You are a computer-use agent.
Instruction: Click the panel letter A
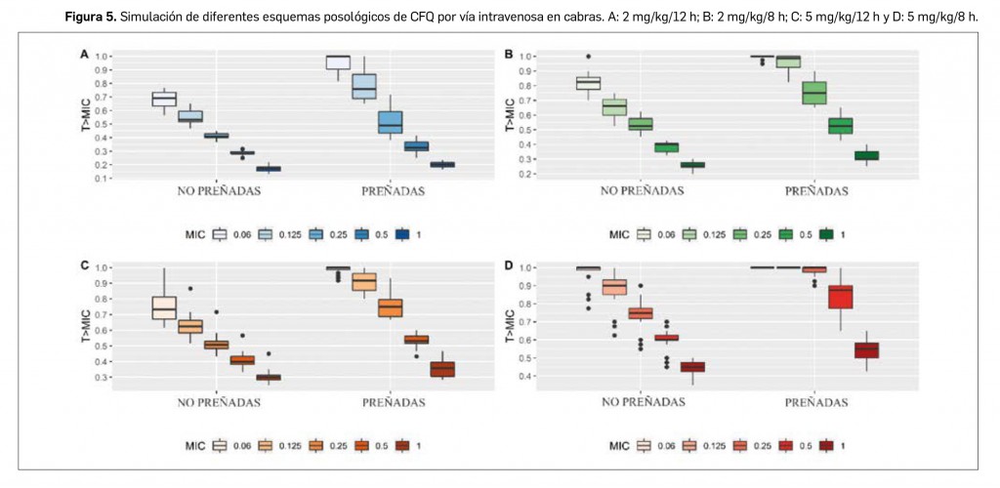click(x=83, y=55)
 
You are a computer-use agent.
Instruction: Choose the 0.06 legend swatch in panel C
click(x=219, y=445)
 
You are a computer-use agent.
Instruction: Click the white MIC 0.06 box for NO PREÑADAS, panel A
click(x=164, y=99)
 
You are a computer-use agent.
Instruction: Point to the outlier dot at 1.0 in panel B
click(x=588, y=57)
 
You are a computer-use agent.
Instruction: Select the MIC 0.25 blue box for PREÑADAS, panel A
click(x=390, y=122)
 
